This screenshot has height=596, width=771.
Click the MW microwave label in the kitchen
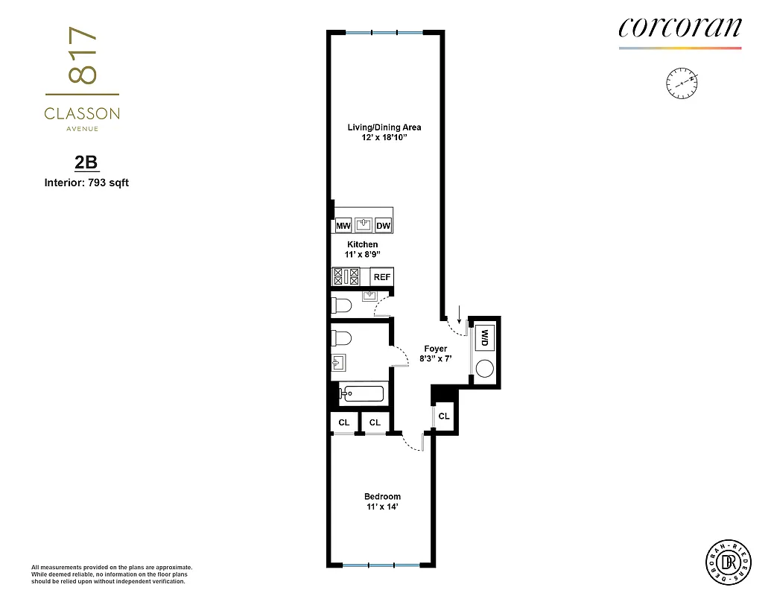click(343, 226)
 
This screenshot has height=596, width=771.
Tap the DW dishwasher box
click(383, 226)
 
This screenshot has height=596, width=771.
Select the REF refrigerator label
click(382, 277)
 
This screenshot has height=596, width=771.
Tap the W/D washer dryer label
click(484, 337)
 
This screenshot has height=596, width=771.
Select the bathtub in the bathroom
click(362, 394)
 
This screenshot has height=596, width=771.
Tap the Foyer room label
click(435, 349)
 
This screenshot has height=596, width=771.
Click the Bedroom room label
click(382, 497)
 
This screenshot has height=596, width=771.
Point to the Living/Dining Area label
click(384, 127)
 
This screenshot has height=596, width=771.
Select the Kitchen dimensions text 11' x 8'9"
click(363, 255)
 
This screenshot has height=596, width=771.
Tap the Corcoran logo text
click(679, 28)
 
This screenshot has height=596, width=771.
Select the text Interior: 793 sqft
click(86, 182)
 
